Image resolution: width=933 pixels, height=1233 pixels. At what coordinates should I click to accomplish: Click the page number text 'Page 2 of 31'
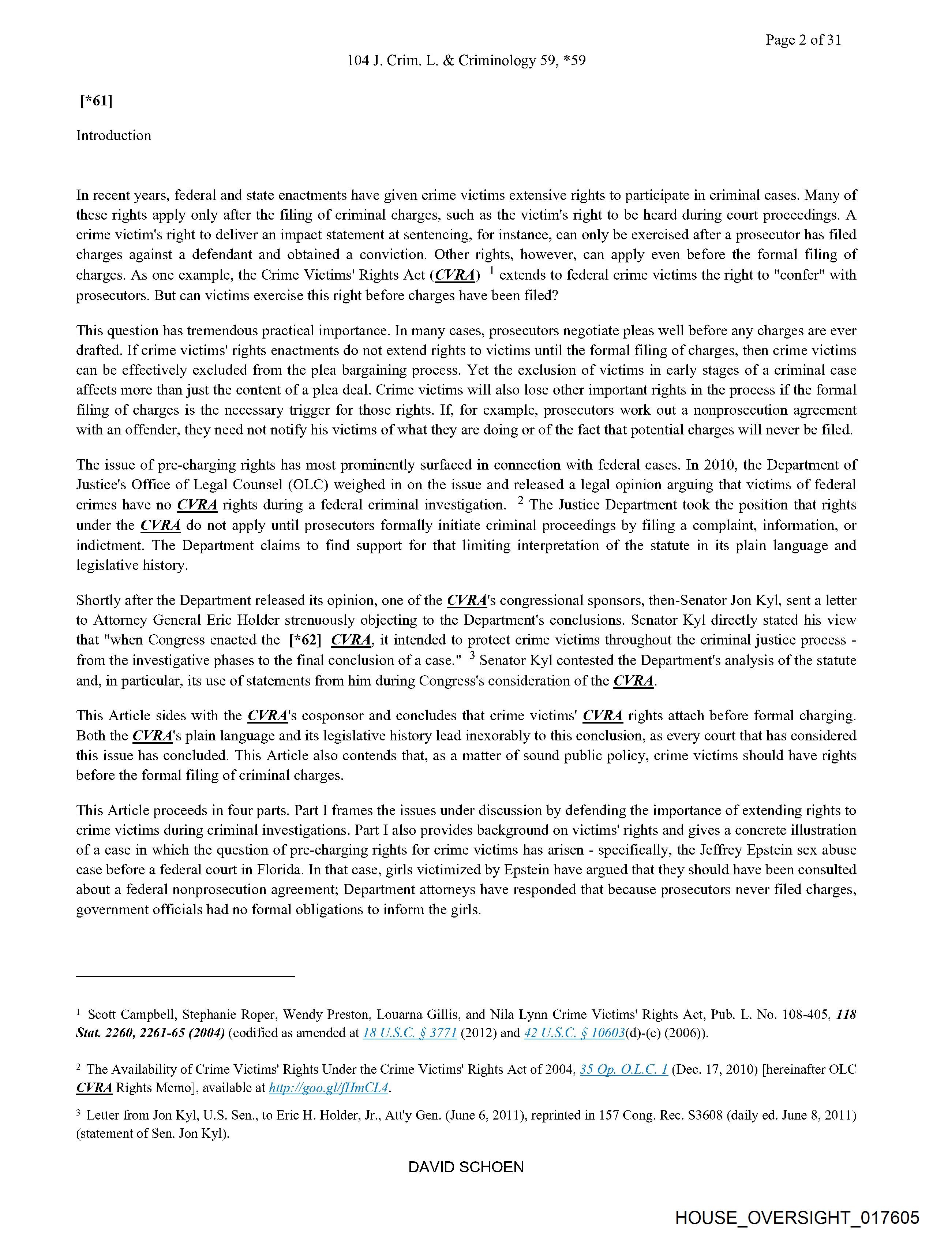click(x=803, y=40)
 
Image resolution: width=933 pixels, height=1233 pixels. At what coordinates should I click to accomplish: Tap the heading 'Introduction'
click(x=114, y=135)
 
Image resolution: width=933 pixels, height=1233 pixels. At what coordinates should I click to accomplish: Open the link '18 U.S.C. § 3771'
click(x=410, y=1033)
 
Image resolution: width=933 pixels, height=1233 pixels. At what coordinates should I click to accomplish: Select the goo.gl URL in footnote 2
click(x=328, y=1087)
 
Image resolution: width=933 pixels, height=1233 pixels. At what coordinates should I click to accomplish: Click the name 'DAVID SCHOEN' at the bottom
click(x=466, y=1167)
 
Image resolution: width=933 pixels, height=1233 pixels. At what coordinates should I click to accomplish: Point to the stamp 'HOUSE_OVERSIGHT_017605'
click(x=797, y=1217)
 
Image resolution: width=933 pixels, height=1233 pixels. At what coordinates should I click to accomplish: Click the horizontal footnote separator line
click(x=185, y=976)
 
